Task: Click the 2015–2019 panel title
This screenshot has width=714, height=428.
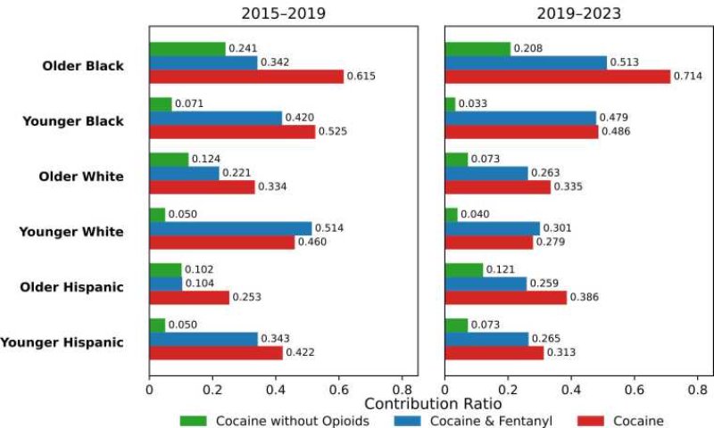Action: [x=283, y=13]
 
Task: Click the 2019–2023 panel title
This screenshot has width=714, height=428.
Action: [x=578, y=13]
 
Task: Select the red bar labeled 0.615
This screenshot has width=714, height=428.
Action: [x=246, y=77]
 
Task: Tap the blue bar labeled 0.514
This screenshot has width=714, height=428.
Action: [x=230, y=228]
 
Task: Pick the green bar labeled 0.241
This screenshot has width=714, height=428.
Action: [x=187, y=49]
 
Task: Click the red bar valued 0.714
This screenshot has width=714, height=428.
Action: [x=558, y=77]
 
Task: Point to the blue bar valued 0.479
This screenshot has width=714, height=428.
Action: [x=520, y=118]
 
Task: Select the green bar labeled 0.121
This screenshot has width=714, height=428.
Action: [x=464, y=269]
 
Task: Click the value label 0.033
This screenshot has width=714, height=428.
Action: [x=473, y=103]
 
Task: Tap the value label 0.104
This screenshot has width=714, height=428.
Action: [x=199, y=284]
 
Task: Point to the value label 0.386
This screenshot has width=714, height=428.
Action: [x=585, y=297]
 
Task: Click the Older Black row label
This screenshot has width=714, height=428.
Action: [x=83, y=66]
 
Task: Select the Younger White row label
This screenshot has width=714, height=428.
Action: [x=71, y=232]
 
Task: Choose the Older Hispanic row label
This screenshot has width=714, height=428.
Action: [x=72, y=287]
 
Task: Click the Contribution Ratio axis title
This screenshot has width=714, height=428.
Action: [x=433, y=404]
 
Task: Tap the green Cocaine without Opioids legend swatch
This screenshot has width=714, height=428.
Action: [x=193, y=421]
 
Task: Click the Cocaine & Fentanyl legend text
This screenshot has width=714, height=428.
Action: [x=491, y=421]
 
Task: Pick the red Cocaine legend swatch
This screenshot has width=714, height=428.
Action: [x=591, y=421]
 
